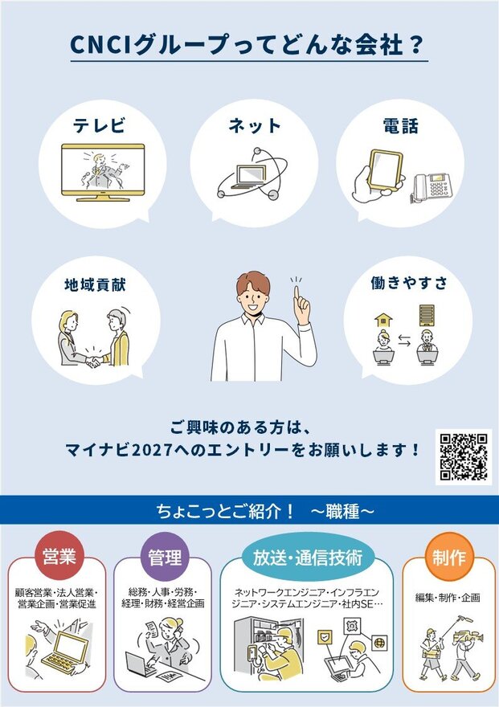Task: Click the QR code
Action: [464, 457]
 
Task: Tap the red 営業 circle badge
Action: [59, 557]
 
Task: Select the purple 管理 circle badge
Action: [165, 557]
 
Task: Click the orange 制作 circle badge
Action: [448, 557]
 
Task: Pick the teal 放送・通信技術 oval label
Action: [308, 558]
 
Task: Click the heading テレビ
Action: [100, 125]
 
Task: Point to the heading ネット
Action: [255, 125]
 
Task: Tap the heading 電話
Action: [400, 126]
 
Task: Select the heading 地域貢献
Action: [95, 285]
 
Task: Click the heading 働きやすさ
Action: [409, 283]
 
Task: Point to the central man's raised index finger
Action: [297, 294]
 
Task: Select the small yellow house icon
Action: [383, 320]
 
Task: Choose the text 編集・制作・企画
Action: [448, 598]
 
